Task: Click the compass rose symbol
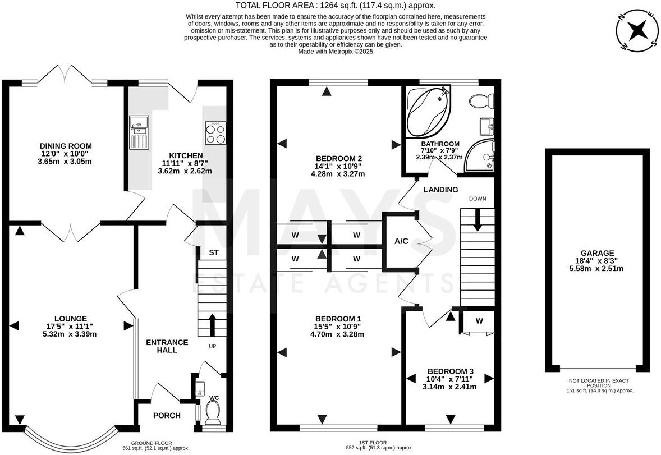(x=637, y=31)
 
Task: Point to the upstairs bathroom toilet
(x=481, y=101)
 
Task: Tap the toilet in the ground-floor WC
(x=213, y=413)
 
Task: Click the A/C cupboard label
(x=401, y=241)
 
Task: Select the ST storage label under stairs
(x=214, y=253)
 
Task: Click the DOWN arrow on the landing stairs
(x=478, y=219)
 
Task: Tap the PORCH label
(x=167, y=416)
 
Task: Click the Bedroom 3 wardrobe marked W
(x=479, y=321)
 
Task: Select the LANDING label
(x=440, y=190)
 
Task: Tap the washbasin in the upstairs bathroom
(x=487, y=126)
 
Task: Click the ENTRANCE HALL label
(x=167, y=346)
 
